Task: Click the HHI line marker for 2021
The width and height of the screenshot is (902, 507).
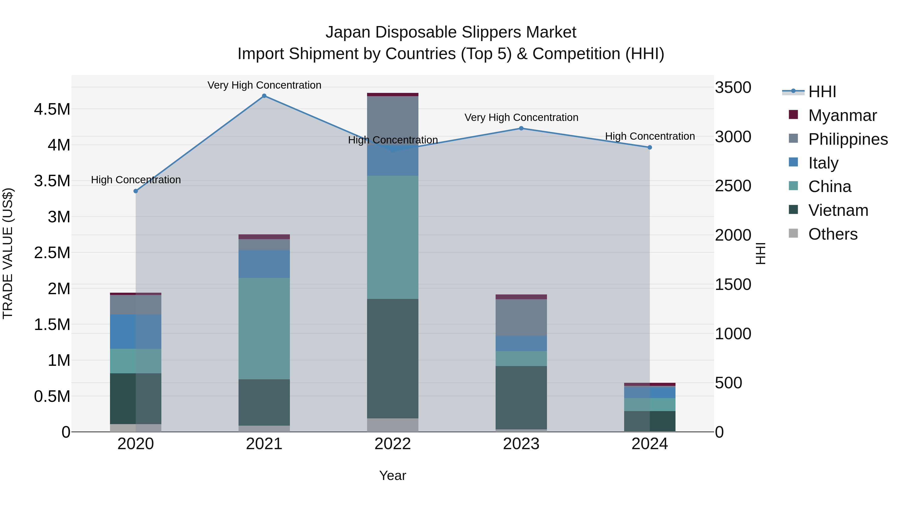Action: pyautogui.click(x=264, y=96)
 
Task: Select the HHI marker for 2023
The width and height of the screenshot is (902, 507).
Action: pyautogui.click(x=521, y=128)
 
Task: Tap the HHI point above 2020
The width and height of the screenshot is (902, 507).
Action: pyautogui.click(x=136, y=191)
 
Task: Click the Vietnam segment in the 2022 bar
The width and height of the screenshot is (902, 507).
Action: pyautogui.click(x=393, y=358)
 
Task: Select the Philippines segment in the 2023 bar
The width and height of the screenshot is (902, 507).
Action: pyautogui.click(x=521, y=317)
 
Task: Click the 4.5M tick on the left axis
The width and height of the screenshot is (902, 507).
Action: pyautogui.click(x=52, y=109)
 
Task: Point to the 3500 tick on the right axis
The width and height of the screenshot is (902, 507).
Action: pyautogui.click(x=733, y=87)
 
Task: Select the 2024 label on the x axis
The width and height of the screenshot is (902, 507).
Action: pyautogui.click(x=649, y=444)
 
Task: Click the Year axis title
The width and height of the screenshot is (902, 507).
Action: pyautogui.click(x=393, y=475)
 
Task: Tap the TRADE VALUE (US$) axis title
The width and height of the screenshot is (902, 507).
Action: pyautogui.click(x=8, y=253)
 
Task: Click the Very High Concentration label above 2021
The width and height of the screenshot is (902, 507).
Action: pyautogui.click(x=264, y=85)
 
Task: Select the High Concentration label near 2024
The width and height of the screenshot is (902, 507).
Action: pyautogui.click(x=649, y=136)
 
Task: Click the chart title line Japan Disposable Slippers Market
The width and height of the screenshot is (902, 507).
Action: pyautogui.click(x=451, y=32)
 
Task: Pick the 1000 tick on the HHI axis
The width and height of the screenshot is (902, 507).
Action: pyautogui.click(x=733, y=334)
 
